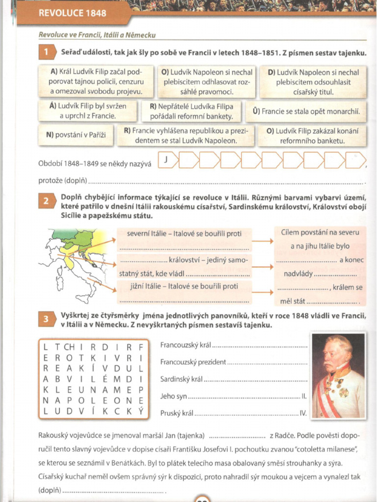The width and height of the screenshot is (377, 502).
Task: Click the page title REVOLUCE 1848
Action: coord(72,13)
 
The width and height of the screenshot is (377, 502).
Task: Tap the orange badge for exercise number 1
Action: coord(46,52)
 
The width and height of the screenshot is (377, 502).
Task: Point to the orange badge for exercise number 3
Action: coord(46,320)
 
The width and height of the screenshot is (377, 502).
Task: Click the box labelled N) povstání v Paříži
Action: coord(76,136)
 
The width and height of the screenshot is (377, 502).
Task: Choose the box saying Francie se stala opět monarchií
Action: coord(307,111)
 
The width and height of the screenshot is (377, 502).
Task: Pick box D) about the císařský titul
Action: coord(313,82)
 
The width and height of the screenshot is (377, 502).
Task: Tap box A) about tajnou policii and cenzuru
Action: coord(96,82)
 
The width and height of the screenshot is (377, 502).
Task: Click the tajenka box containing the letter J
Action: coord(167,159)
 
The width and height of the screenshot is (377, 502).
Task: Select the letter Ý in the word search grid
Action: coord(140,411)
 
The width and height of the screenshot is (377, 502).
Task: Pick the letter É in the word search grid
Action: coord(105,379)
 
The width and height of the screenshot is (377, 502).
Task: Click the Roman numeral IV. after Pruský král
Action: coord(303,413)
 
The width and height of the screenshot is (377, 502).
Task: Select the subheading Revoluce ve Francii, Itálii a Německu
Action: coord(97,35)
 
